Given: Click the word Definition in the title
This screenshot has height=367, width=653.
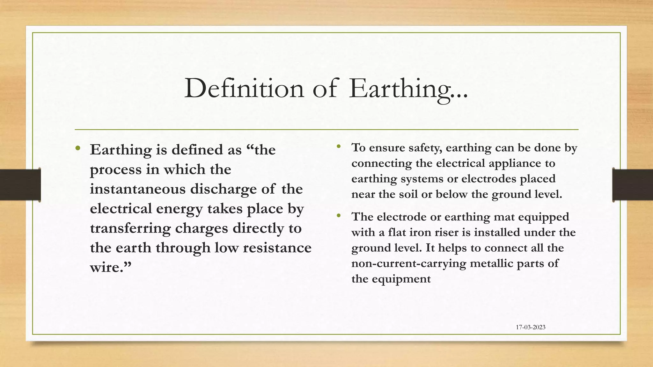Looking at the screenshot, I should [x=244, y=88].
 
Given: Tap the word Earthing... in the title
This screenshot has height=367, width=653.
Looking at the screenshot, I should [x=408, y=89].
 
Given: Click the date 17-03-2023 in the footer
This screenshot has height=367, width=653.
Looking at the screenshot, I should [x=531, y=327].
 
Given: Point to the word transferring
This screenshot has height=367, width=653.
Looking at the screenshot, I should [x=130, y=228].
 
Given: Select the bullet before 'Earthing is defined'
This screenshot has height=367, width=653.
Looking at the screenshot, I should [x=78, y=148].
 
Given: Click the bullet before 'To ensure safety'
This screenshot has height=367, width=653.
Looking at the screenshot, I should [x=339, y=147].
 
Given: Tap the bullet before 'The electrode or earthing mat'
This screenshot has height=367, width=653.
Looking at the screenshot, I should [x=339, y=216].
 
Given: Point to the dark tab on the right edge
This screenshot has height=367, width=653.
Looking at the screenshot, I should [x=633, y=185].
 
